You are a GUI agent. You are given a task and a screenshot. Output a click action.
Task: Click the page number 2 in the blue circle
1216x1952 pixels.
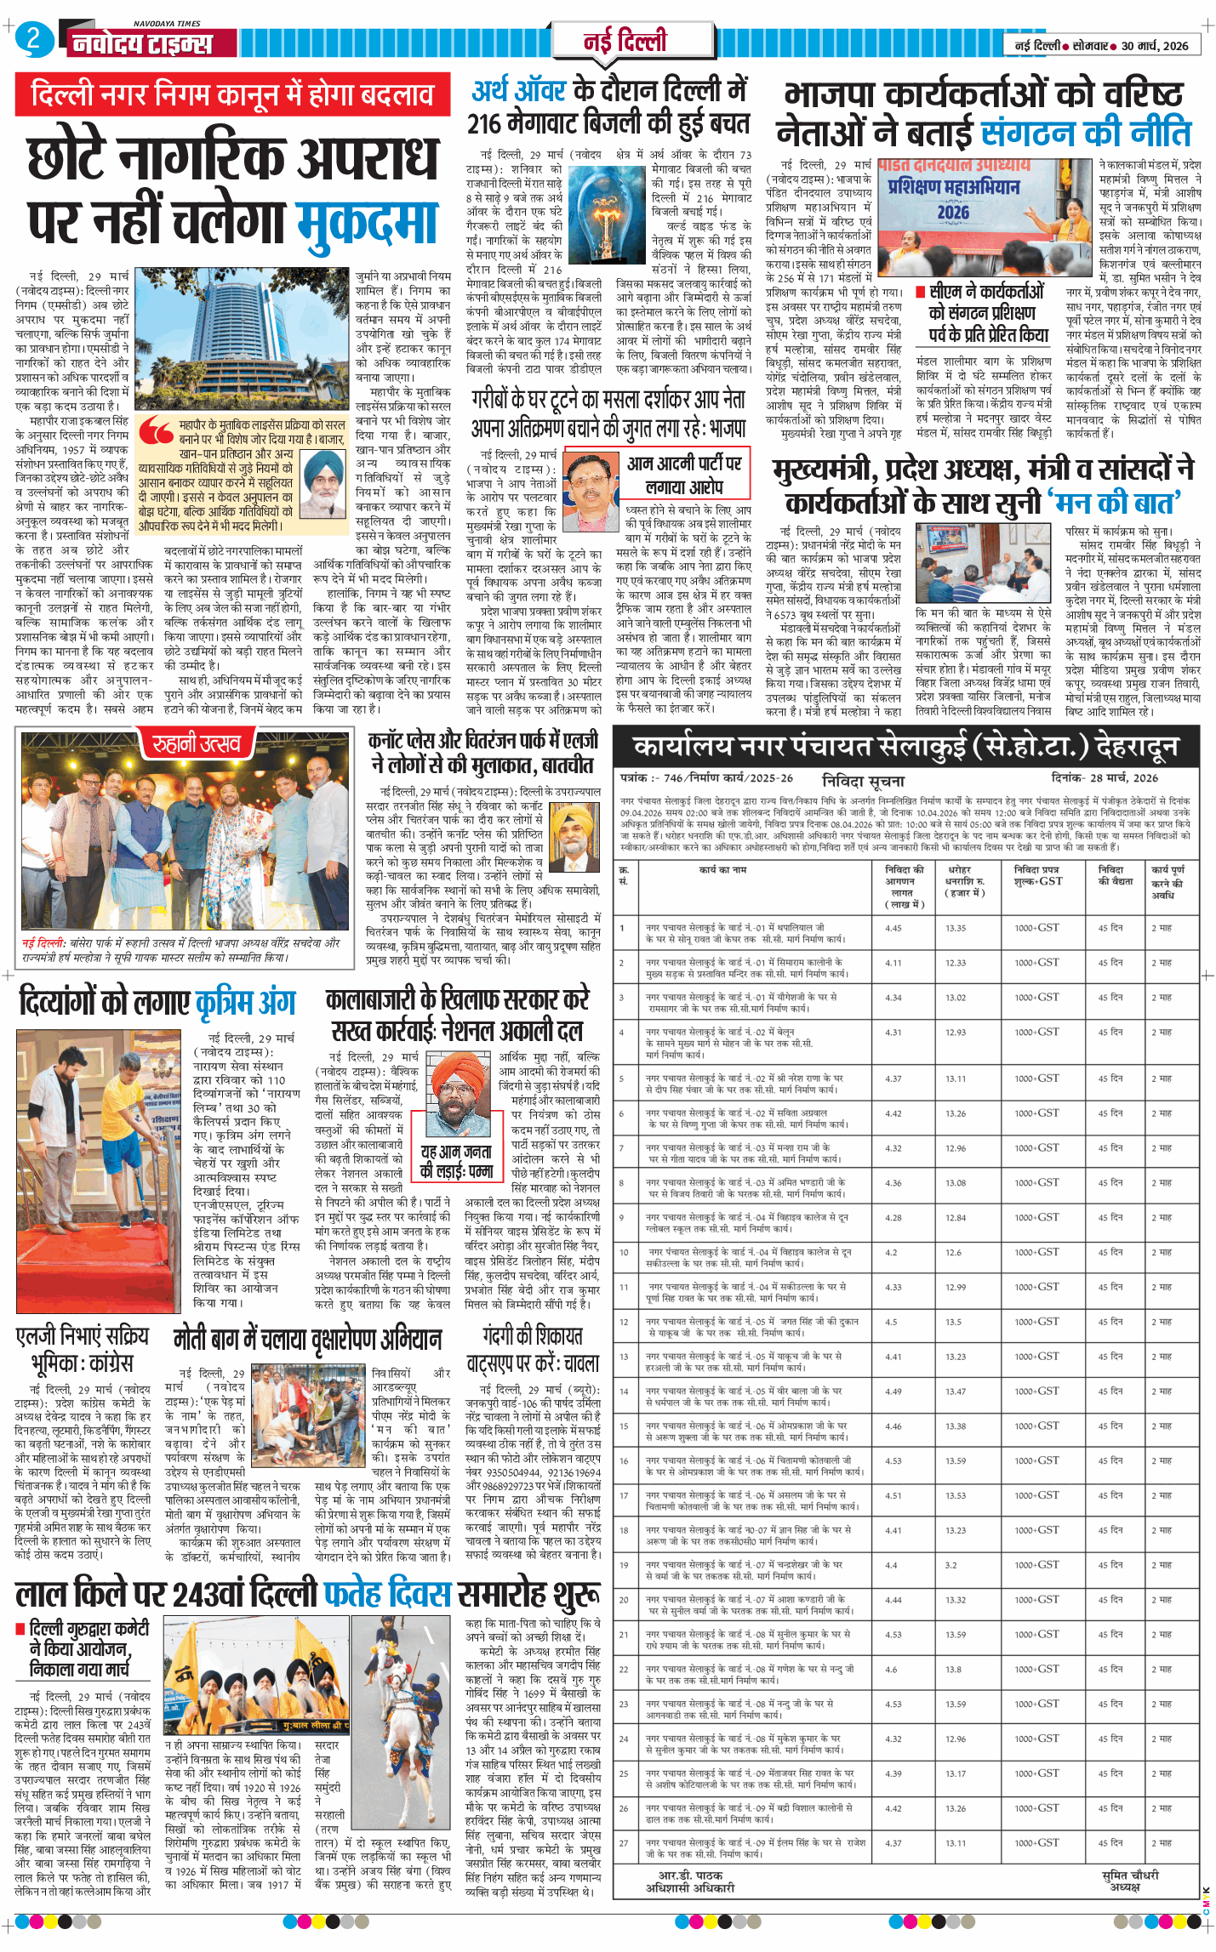click(x=33, y=39)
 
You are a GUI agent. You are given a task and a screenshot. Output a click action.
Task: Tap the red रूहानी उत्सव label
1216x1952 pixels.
click(x=197, y=745)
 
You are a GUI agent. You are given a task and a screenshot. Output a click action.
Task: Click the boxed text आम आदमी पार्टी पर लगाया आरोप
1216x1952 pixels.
click(x=685, y=475)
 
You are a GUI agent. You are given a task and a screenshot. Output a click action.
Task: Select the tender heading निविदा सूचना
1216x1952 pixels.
click(x=863, y=780)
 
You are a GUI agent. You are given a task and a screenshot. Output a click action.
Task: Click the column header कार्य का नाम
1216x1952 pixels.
click(x=722, y=869)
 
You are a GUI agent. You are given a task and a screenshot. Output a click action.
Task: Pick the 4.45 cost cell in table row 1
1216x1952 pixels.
click(x=893, y=928)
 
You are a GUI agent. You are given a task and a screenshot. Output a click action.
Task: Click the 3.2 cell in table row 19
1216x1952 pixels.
click(x=951, y=1565)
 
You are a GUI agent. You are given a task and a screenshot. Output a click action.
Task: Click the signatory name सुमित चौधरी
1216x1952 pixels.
click(x=1129, y=1875)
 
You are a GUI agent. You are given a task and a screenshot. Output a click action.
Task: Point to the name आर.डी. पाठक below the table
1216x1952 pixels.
click(x=690, y=1875)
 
